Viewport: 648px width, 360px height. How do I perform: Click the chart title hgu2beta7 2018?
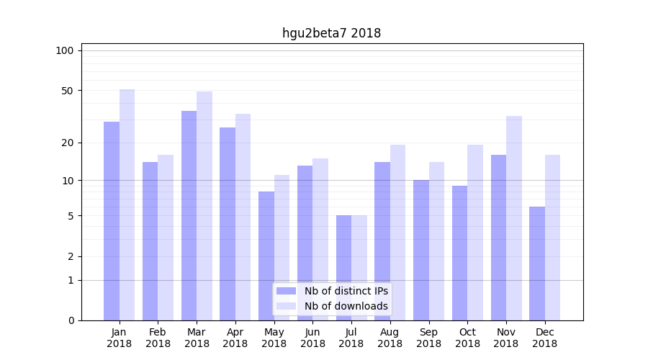(x=331, y=33)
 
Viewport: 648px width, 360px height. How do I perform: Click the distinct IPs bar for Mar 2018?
(x=189, y=216)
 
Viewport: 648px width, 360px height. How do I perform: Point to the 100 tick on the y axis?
(x=65, y=50)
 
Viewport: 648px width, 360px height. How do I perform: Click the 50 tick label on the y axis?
(x=67, y=91)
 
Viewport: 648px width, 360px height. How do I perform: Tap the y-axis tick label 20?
(x=67, y=143)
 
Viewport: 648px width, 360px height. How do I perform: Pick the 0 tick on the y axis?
(x=71, y=320)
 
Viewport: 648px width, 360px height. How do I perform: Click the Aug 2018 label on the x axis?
(x=390, y=338)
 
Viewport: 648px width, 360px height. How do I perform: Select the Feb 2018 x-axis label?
(x=158, y=338)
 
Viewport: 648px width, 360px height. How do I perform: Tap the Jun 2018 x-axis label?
(x=312, y=338)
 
